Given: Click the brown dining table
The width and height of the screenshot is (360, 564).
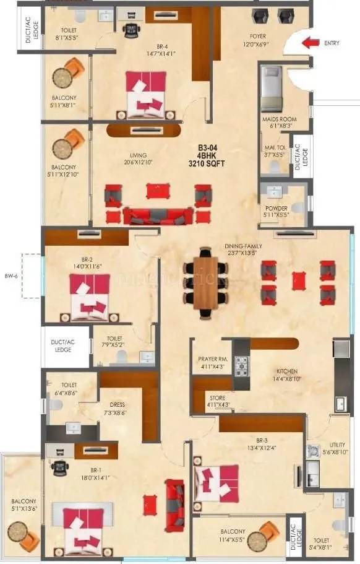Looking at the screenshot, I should tap(205, 283).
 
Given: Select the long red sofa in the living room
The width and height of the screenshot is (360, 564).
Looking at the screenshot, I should tap(158, 216).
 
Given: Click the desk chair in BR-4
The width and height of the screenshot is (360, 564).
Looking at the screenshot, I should tap(129, 30).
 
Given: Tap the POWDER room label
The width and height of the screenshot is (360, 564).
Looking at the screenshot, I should tap(275, 208).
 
